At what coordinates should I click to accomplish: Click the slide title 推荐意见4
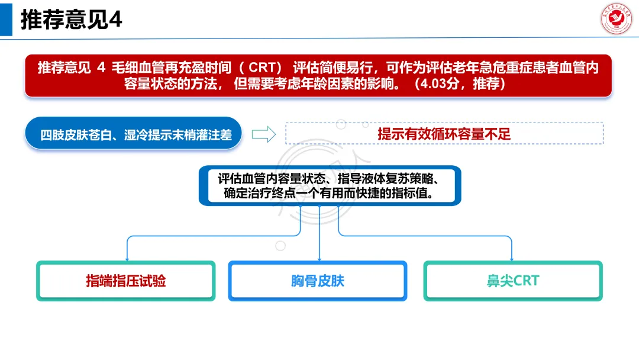point(71,20)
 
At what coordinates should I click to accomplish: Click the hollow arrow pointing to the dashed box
point(264,134)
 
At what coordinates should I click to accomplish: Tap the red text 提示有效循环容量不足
point(444,134)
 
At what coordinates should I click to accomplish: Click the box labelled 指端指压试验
point(125,281)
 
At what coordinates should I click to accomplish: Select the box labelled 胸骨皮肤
point(318,281)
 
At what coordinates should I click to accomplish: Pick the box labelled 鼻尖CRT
point(513,281)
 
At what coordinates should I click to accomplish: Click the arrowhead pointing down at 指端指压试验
point(126,259)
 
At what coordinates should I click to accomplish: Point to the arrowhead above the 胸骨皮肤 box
point(319,259)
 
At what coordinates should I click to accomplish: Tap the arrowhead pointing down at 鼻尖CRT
point(512,259)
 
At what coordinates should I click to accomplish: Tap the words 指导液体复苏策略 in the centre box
point(386,178)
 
